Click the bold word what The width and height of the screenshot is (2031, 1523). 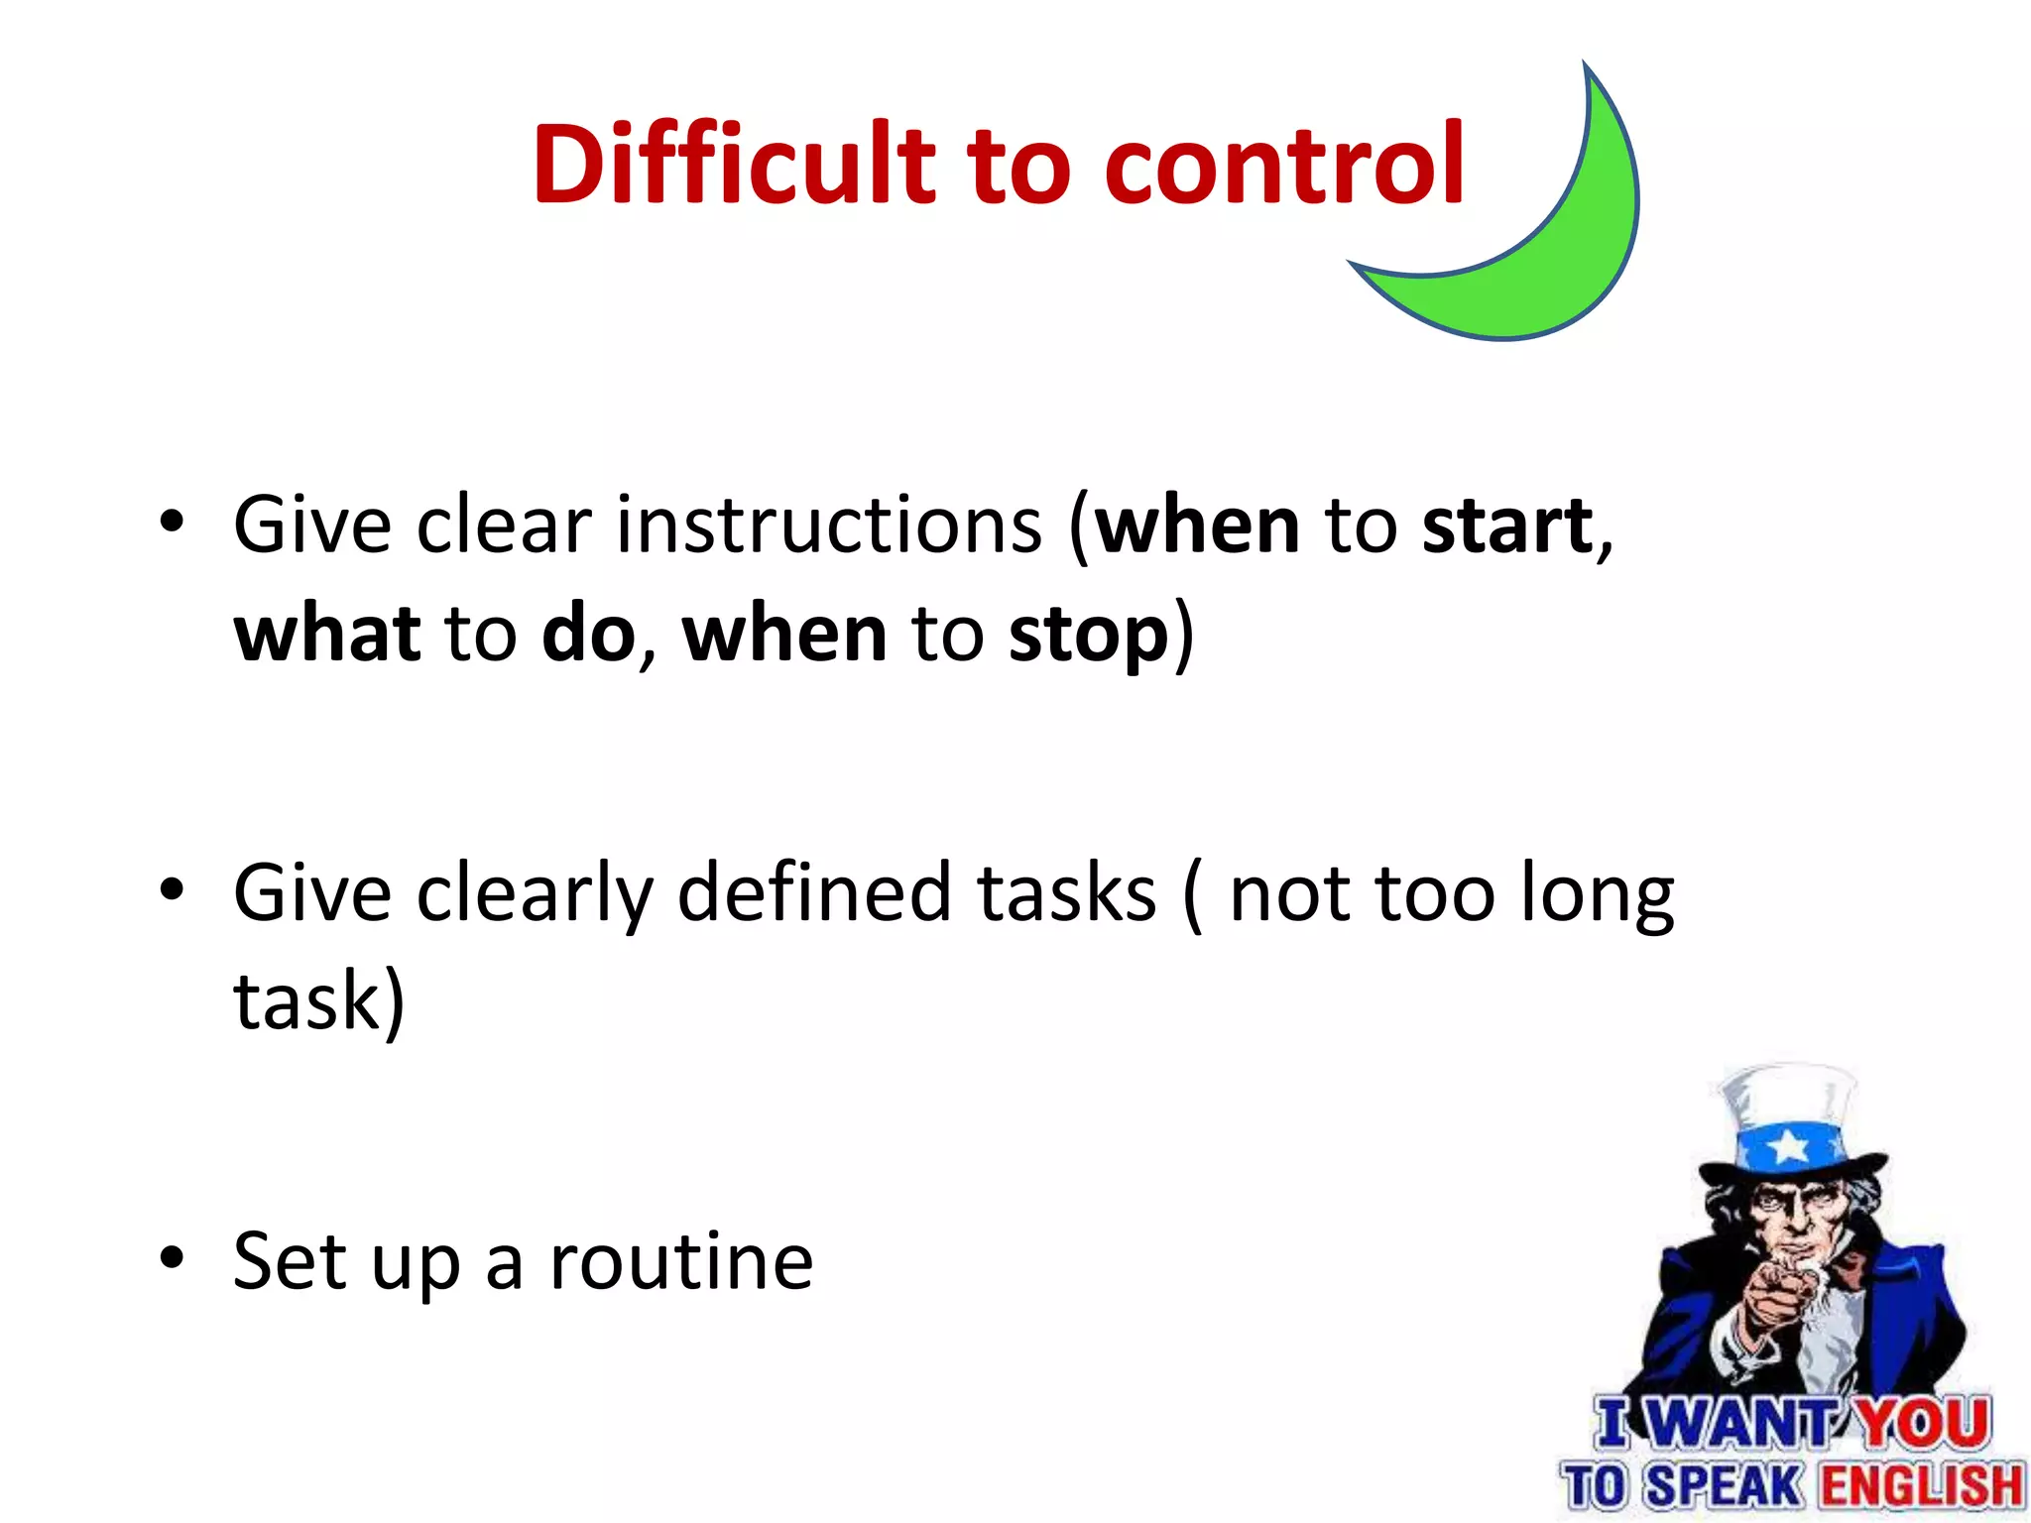coord(327,635)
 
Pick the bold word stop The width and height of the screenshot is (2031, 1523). coord(1089,637)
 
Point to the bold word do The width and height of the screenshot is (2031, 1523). coord(589,635)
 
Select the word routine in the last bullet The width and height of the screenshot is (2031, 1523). coord(681,1263)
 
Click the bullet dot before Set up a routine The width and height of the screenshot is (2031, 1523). coord(172,1258)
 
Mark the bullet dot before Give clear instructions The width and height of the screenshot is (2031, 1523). coord(172,522)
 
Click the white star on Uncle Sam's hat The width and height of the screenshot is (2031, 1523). coord(1789,1146)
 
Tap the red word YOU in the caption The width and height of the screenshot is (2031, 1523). coord(1923,1424)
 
